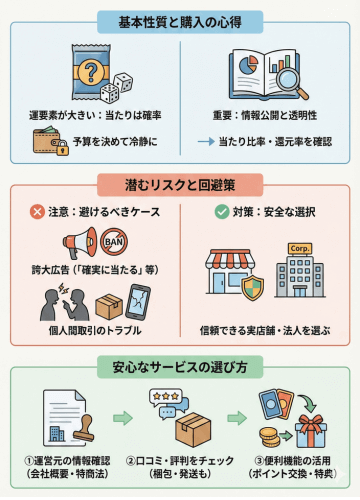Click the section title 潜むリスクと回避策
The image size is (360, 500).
tap(180, 185)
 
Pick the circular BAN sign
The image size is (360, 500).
tap(114, 241)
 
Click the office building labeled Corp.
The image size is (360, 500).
tap(299, 268)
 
